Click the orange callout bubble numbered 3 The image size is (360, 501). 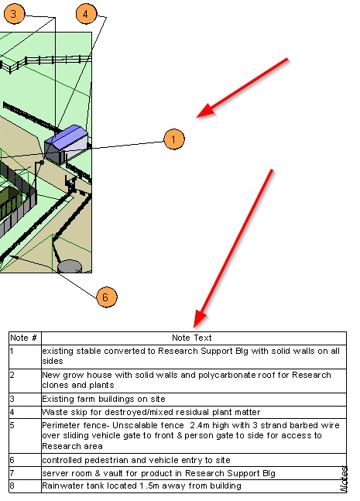point(14,14)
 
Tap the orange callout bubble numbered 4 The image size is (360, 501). point(86,14)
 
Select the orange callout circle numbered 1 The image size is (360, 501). point(173,139)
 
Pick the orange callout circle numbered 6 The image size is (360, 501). point(107,297)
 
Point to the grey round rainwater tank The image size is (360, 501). point(70,266)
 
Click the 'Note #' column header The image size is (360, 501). point(24,338)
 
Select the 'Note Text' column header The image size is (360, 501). point(192,338)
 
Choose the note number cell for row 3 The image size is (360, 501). point(25,400)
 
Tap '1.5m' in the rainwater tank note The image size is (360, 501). point(149,486)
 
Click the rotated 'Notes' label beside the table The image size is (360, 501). point(344,479)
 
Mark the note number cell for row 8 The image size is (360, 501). point(25,486)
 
